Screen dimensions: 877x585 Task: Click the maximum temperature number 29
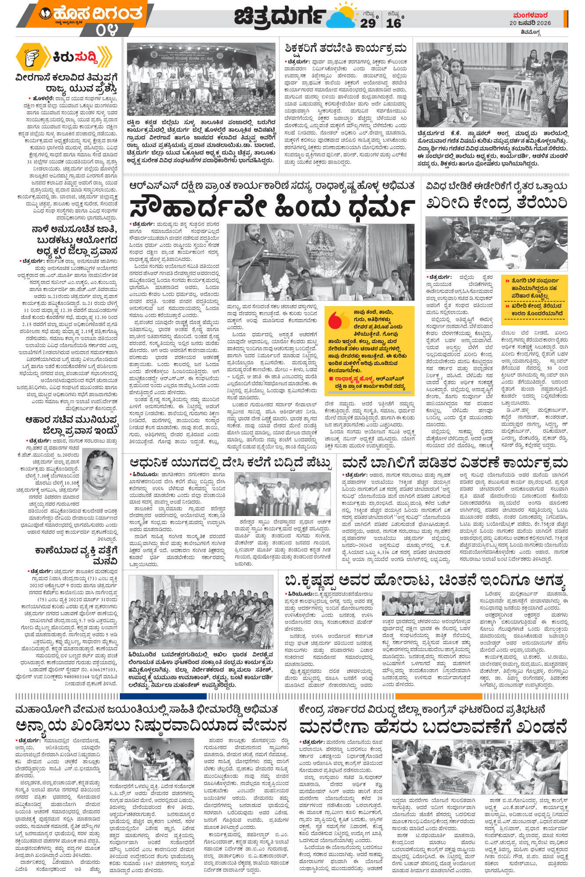tap(368, 23)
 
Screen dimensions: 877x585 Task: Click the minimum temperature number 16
tap(393, 23)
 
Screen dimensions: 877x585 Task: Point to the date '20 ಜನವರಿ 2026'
tap(536, 23)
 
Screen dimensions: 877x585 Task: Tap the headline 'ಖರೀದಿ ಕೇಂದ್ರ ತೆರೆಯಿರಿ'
tap(497, 203)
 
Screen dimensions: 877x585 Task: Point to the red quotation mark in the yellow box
tap(338, 318)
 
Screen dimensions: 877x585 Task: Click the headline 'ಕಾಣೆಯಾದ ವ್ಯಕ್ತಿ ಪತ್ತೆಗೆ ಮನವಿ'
tap(77, 555)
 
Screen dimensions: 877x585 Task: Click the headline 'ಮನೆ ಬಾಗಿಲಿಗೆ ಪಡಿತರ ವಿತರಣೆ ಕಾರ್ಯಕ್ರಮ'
tap(455, 463)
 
